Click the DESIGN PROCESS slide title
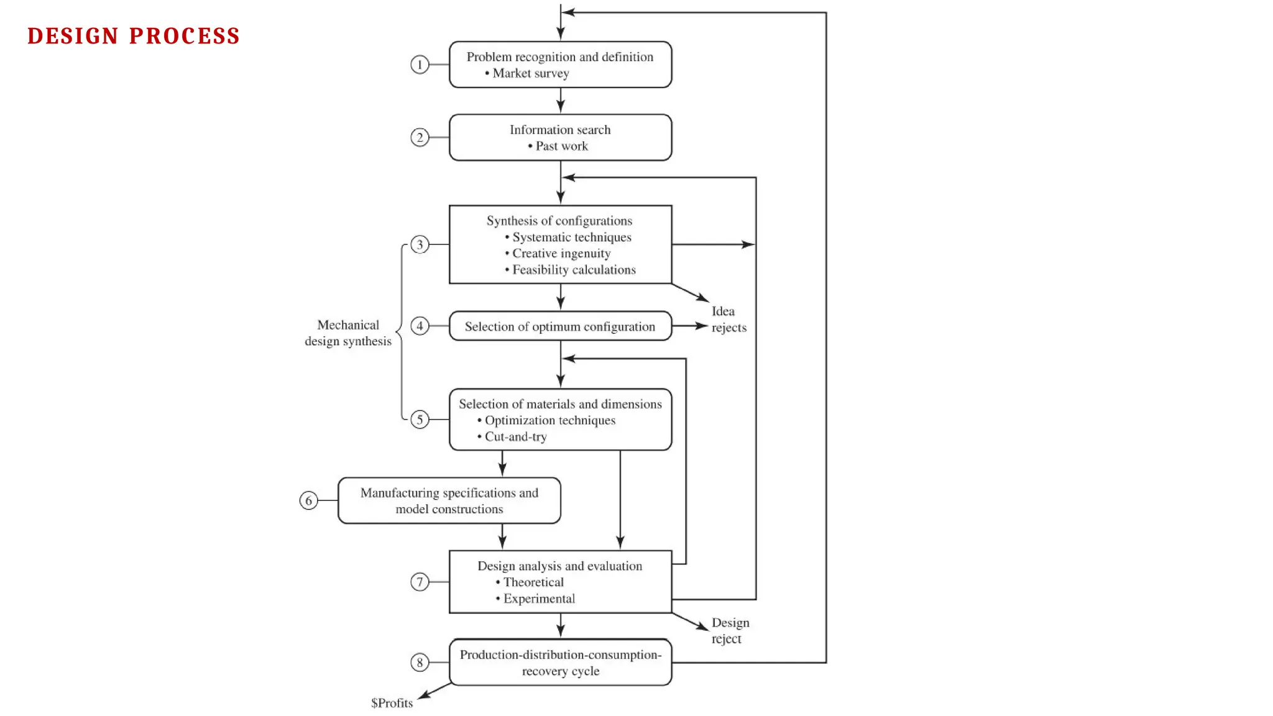134,36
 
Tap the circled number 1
420,65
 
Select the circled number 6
308,500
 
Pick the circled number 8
420,663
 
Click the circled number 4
420,326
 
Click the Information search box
560,137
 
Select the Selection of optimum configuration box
560,326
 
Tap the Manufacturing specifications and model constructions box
449,500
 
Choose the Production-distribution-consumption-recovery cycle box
560,663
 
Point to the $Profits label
392,703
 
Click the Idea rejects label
728,319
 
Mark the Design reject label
729,631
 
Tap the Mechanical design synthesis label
348,333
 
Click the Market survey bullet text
530,73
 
